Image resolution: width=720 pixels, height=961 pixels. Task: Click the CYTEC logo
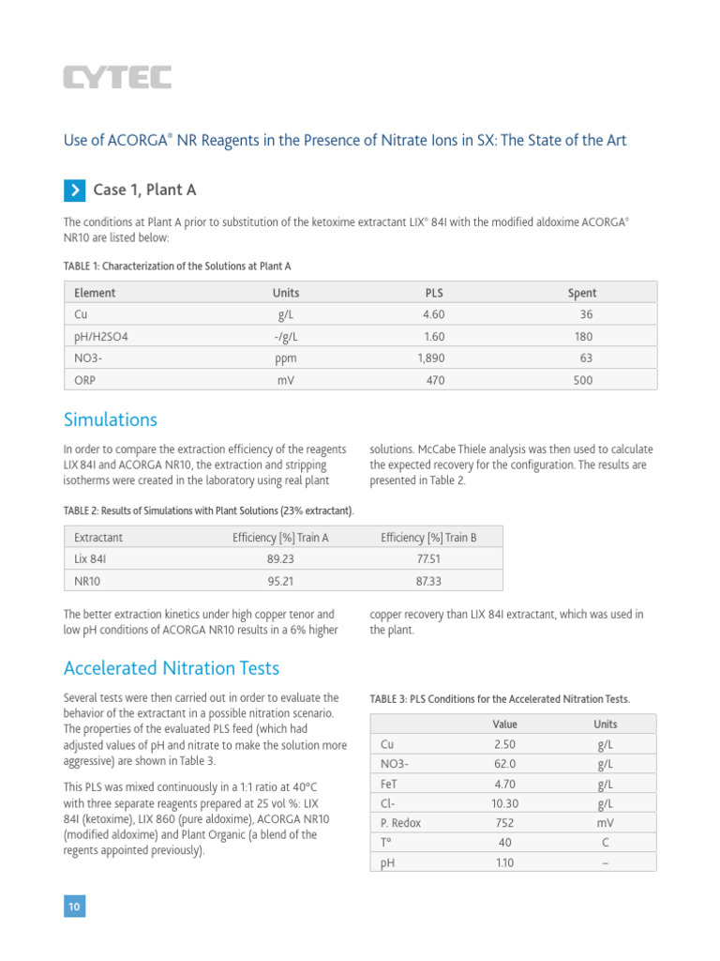(x=117, y=77)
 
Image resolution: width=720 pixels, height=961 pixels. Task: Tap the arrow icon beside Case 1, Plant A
(x=74, y=191)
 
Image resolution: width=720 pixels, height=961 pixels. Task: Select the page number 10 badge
(x=74, y=907)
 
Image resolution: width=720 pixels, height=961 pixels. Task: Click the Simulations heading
(x=110, y=419)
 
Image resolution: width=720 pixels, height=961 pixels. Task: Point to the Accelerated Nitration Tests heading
(x=171, y=668)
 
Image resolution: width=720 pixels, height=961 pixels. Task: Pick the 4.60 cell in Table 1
(x=433, y=315)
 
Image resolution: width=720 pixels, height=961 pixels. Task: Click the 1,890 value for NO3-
(x=430, y=358)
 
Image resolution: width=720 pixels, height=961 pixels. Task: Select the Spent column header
(x=581, y=293)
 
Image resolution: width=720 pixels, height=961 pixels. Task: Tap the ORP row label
(x=85, y=380)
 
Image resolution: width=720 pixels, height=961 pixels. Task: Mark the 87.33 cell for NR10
(x=428, y=581)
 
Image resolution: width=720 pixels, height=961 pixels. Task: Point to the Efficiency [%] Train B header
(x=428, y=538)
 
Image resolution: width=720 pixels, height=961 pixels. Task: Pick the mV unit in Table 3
(x=605, y=823)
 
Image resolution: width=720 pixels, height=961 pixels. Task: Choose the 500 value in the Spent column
(x=583, y=380)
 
